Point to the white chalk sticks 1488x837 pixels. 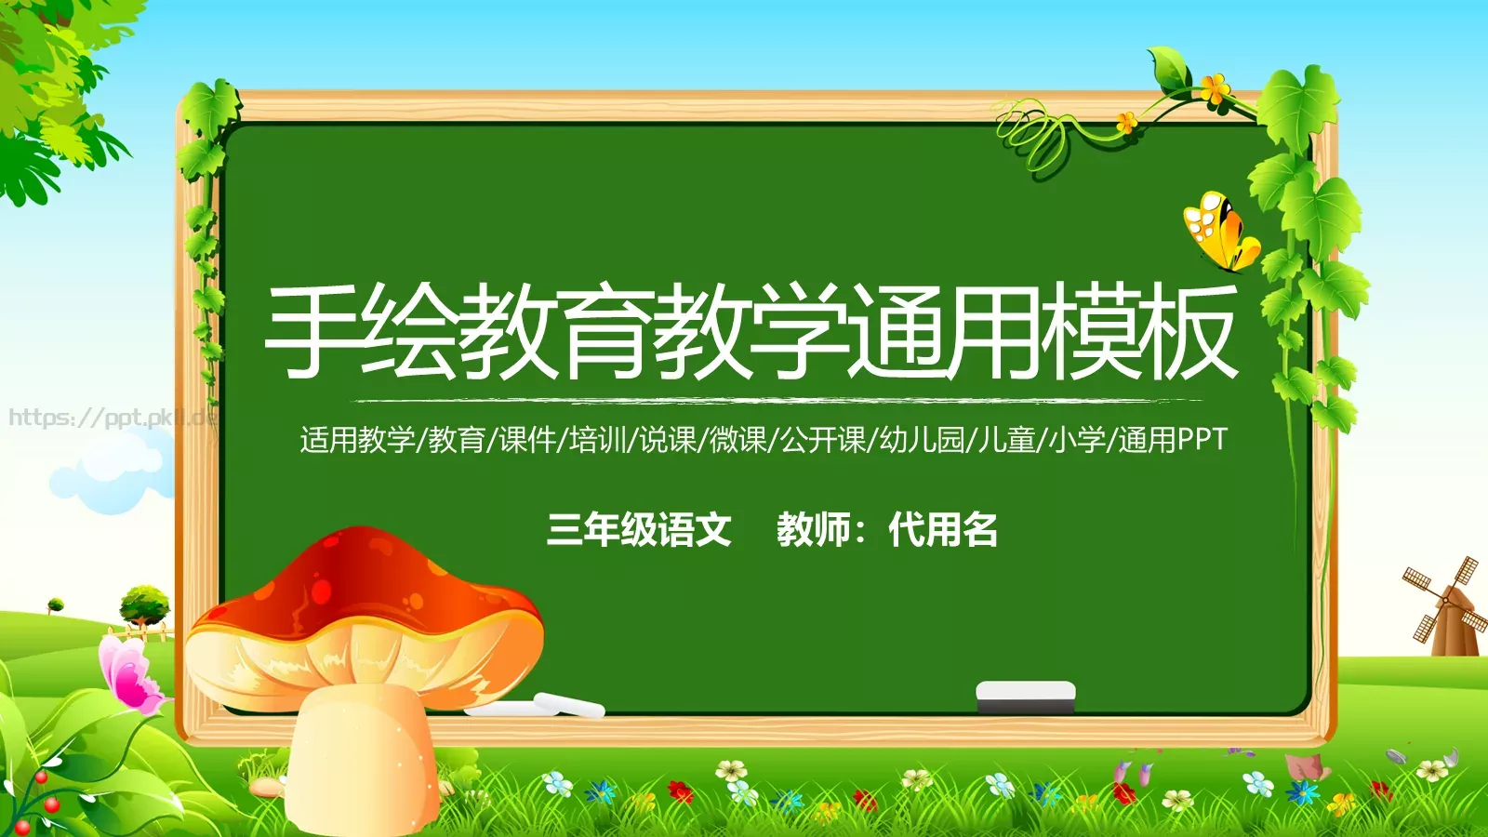[x=549, y=706]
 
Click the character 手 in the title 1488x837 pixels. [x=312, y=332]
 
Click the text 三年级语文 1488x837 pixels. [x=639, y=530]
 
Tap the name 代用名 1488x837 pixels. [x=943, y=530]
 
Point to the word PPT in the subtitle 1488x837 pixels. [x=1202, y=440]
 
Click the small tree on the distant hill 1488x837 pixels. [x=145, y=604]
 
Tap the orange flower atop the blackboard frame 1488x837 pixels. [x=1214, y=89]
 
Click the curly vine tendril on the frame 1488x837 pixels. [x=1032, y=135]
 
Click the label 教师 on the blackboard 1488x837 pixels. [x=814, y=530]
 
